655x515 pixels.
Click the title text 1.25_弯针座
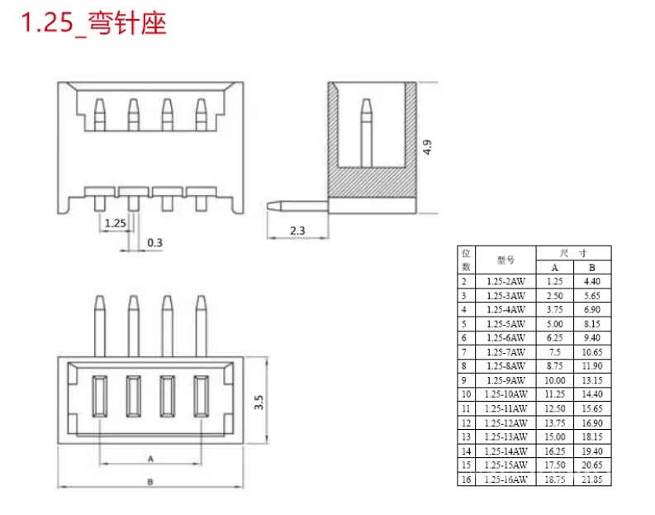(x=93, y=23)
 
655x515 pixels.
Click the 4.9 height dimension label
(x=427, y=147)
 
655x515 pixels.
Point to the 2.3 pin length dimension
(x=297, y=231)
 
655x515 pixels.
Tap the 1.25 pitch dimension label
(x=116, y=222)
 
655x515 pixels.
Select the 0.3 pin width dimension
(x=154, y=242)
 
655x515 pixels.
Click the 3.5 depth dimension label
(x=258, y=403)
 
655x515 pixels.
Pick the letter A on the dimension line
(x=150, y=457)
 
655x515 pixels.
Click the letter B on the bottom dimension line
(x=150, y=481)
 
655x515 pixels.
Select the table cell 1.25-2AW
(x=505, y=281)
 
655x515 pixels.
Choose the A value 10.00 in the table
(x=554, y=380)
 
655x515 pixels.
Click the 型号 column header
(x=505, y=260)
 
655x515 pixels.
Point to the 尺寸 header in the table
(x=573, y=253)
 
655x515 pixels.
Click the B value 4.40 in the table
(x=591, y=281)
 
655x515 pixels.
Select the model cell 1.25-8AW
(x=505, y=366)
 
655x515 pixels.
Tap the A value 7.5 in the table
(x=554, y=352)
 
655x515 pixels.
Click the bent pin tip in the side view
(x=270, y=203)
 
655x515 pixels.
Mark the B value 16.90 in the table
(x=591, y=422)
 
